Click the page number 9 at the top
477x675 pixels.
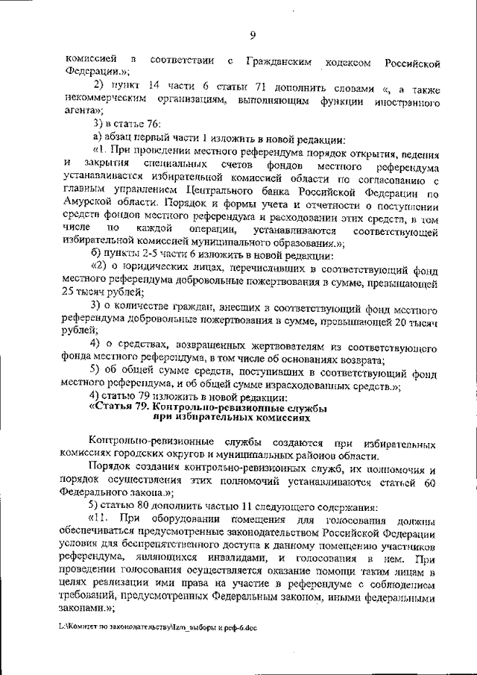tap(253, 34)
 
